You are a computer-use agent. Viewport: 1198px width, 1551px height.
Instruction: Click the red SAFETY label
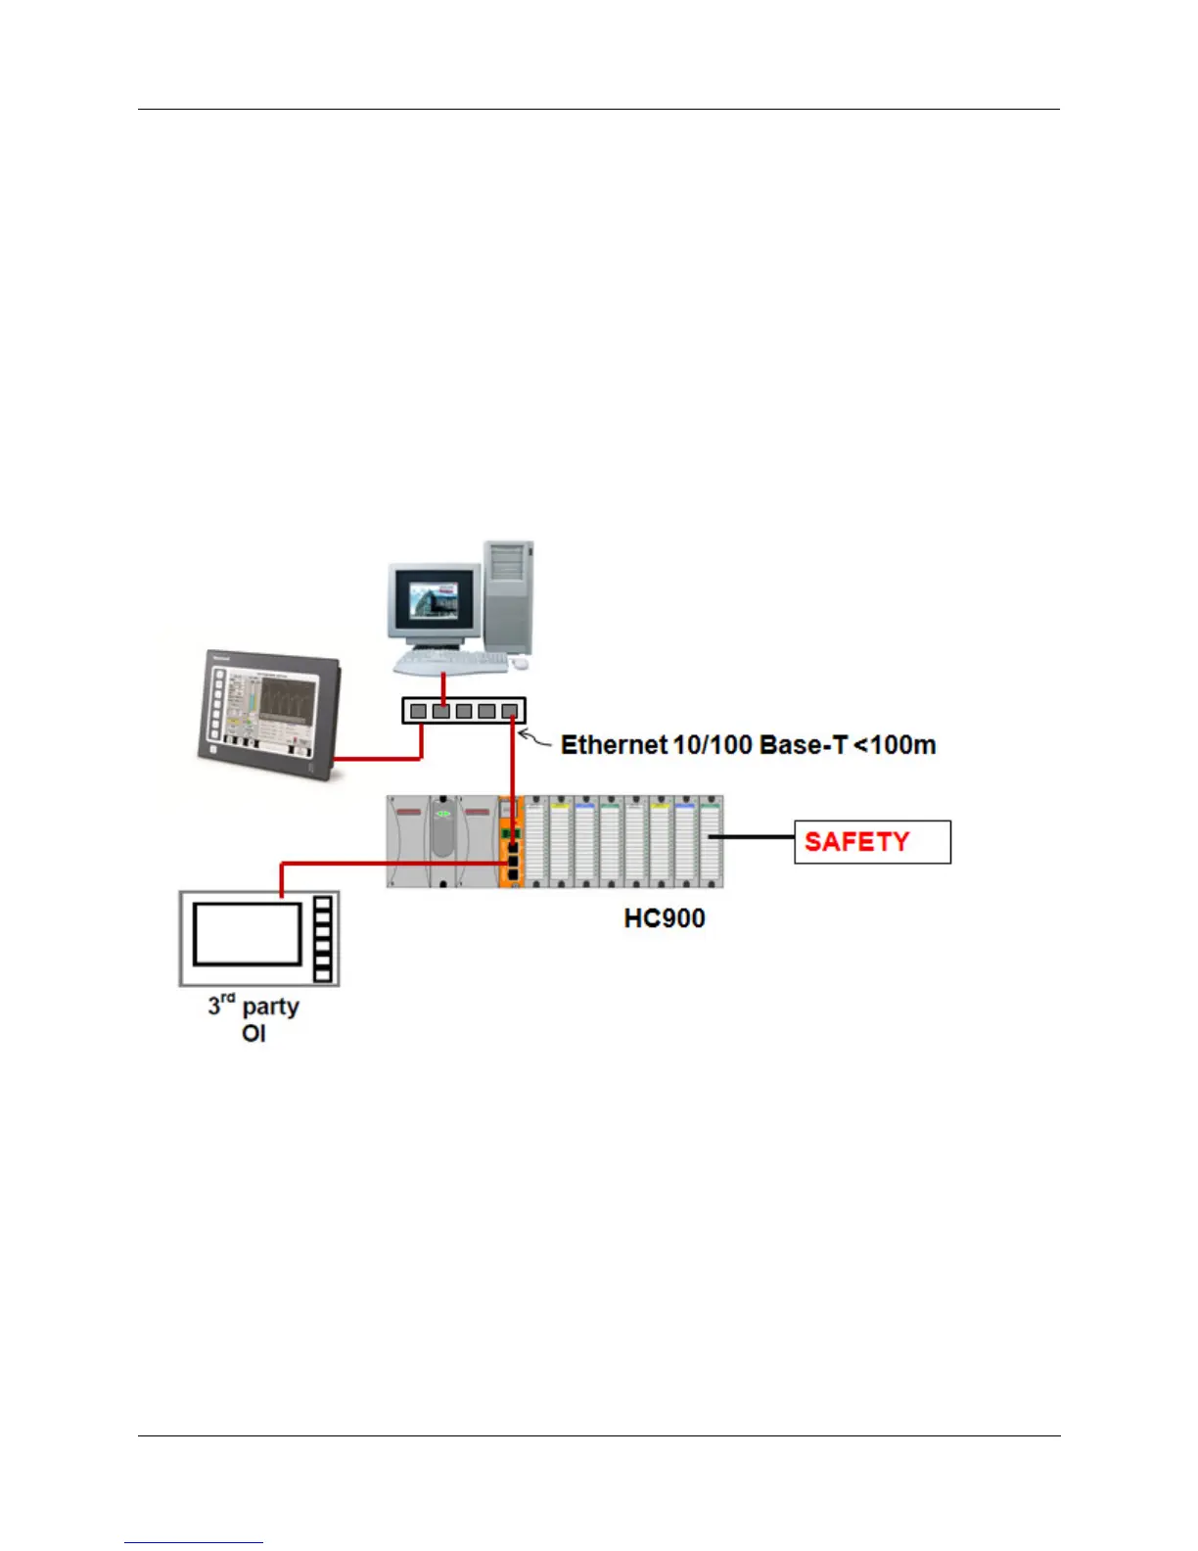pos(856,842)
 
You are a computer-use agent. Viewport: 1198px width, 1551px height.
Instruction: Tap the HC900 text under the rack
pos(665,918)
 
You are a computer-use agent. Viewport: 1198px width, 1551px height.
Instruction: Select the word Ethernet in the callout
pos(614,745)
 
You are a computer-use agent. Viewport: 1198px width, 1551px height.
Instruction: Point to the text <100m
pos(896,745)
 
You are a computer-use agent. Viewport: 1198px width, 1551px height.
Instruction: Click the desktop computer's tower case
pos(509,597)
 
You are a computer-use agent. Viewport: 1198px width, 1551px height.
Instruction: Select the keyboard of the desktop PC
pos(451,663)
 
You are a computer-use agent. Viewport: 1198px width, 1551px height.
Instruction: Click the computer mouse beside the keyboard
pos(520,663)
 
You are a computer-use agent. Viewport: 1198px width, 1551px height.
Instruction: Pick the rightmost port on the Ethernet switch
pos(509,711)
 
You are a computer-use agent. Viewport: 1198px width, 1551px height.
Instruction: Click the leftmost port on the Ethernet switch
pos(419,711)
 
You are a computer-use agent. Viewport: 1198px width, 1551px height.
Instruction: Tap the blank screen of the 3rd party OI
pos(247,934)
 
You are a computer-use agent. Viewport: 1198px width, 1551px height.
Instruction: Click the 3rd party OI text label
pos(253,1019)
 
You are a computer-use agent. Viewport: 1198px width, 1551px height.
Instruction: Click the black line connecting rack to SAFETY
pos(752,837)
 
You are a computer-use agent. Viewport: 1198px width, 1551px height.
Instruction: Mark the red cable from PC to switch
pos(443,684)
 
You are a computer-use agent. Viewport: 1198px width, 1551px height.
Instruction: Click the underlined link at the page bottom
pos(194,1543)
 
